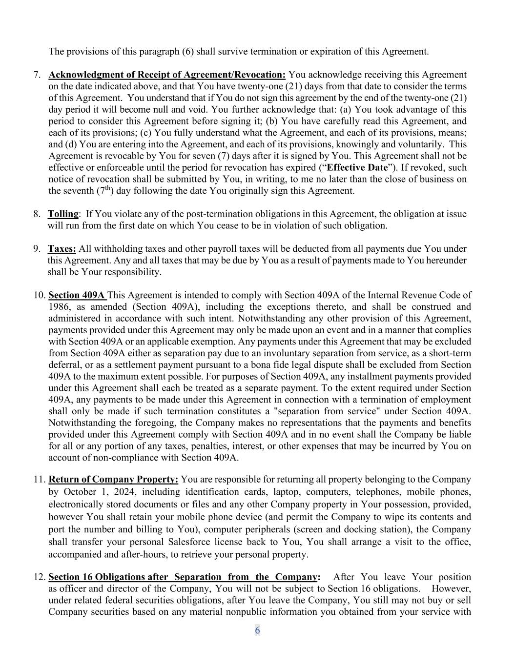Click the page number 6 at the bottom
click(257, 630)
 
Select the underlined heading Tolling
click(63, 214)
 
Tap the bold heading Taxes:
click(62, 249)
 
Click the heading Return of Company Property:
click(113, 480)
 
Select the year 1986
click(59, 307)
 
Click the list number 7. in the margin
click(37, 75)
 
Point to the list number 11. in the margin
click(40, 480)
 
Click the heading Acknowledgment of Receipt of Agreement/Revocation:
click(167, 75)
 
